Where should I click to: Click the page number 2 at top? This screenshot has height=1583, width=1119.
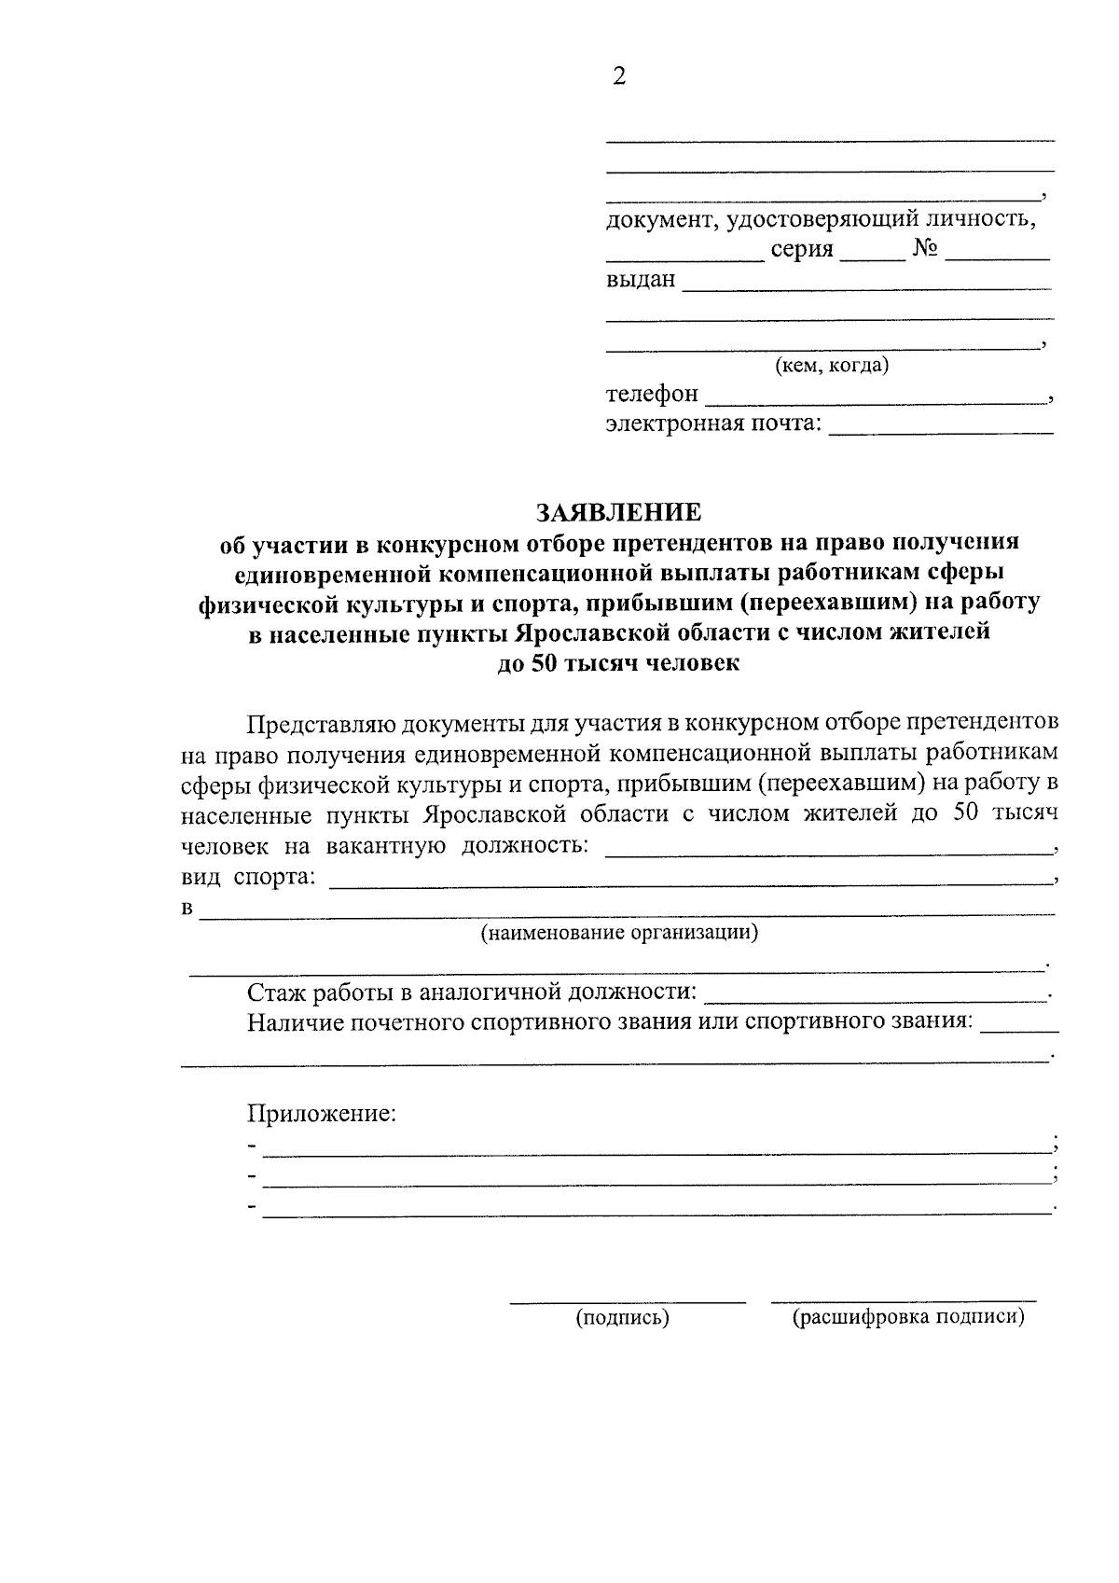(619, 76)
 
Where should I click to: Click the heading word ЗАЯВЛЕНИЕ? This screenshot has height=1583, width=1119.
(618, 512)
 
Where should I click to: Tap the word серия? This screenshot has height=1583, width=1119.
(802, 249)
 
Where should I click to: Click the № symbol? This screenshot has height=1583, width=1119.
(924, 249)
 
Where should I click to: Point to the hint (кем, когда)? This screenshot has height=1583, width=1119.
(832, 366)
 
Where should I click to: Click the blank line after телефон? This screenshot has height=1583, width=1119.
(875, 401)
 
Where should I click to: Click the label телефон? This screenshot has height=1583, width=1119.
(651, 395)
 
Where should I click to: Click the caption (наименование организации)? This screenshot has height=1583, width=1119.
(618, 933)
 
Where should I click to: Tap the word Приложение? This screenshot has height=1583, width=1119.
(322, 1114)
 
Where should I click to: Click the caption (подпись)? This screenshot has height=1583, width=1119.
(622, 1318)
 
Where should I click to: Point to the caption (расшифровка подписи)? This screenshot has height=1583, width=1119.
(907, 1318)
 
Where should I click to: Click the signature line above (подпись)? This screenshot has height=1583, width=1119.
(627, 1299)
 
